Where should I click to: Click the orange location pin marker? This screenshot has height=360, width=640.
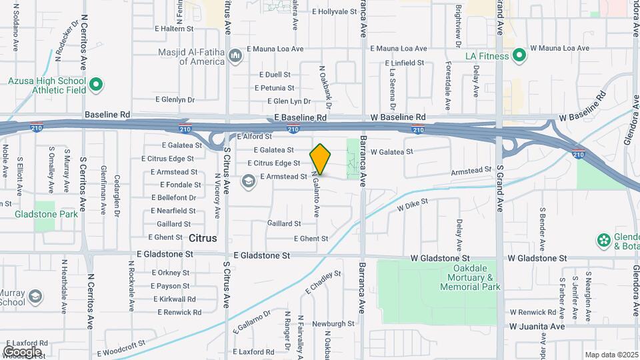tap(320, 159)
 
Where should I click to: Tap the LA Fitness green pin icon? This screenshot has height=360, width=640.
tap(519, 56)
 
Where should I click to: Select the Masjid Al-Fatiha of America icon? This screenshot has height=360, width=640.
tap(235, 56)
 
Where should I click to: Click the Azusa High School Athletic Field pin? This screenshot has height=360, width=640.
tap(96, 85)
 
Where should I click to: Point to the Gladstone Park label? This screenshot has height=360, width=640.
tap(47, 214)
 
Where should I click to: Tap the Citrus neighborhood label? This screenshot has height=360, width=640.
tap(203, 238)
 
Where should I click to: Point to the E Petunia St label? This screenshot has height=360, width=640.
tap(275, 87)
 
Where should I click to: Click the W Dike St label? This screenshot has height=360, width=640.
tap(412, 205)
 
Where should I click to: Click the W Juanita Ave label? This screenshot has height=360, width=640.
tap(537, 327)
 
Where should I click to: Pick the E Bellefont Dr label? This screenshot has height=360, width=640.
tap(173, 197)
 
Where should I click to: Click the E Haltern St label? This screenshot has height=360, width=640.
tap(173, 29)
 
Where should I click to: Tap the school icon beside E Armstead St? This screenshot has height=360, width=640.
tap(249, 181)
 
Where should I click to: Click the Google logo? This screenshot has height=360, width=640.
tap(22, 351)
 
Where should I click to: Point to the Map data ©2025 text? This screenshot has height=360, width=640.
tap(610, 355)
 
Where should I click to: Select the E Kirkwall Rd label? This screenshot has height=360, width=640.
tap(173, 299)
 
